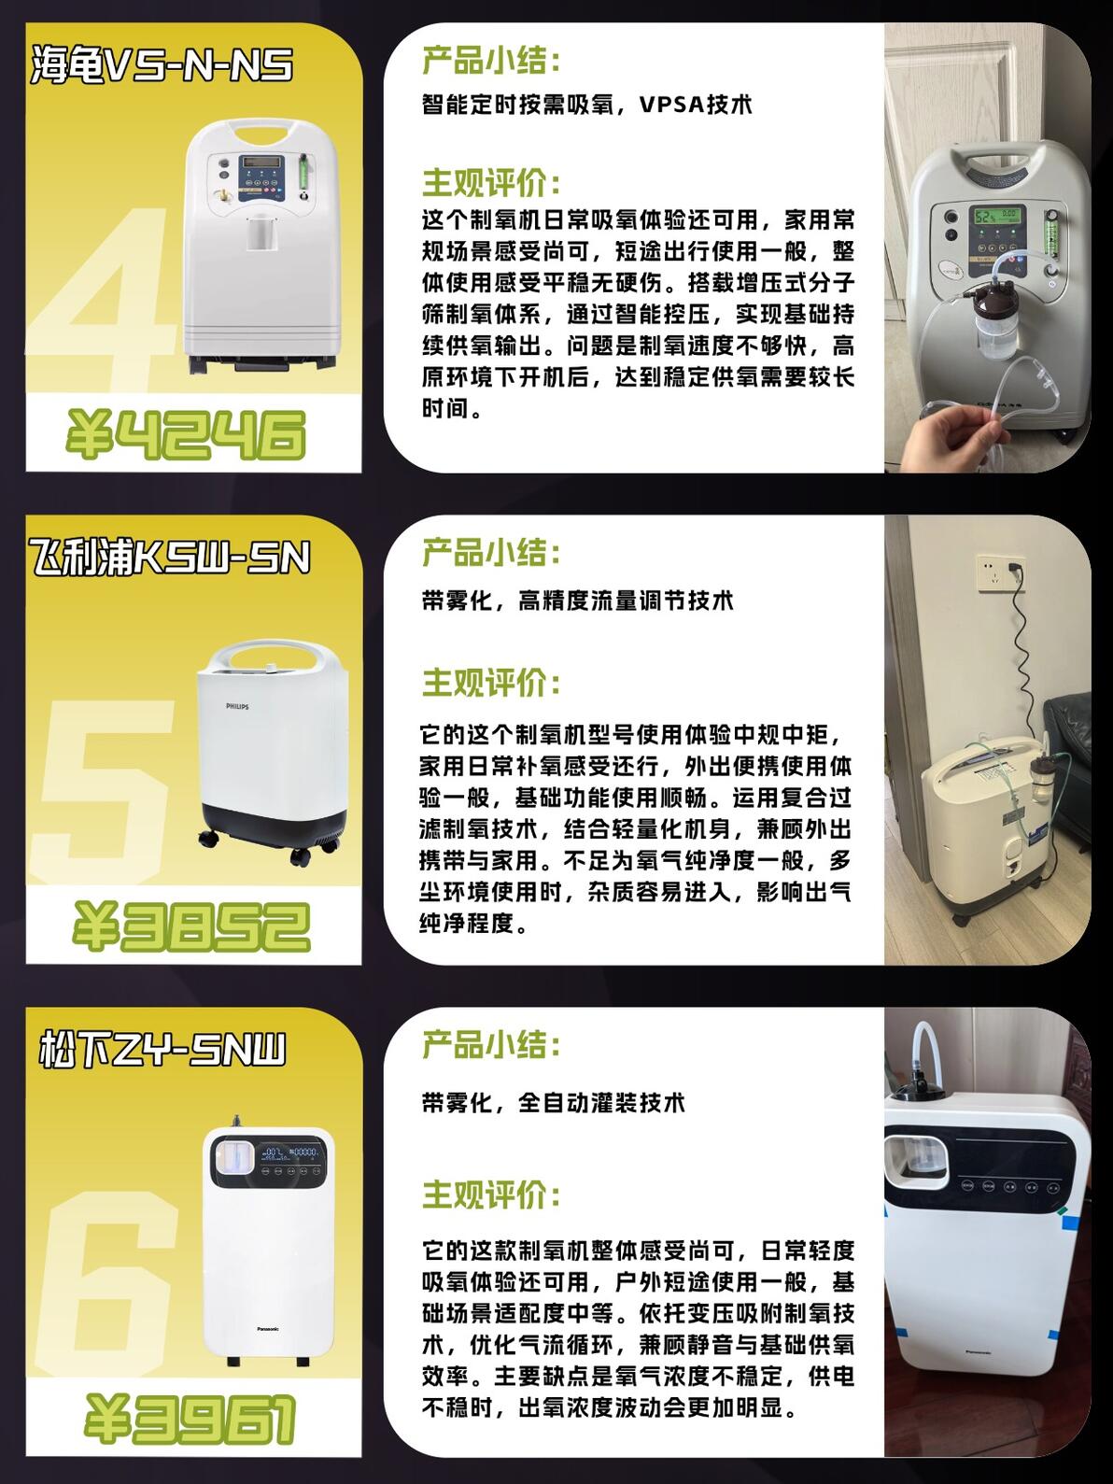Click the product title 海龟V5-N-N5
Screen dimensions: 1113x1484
(162, 64)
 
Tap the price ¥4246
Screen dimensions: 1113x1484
(186, 434)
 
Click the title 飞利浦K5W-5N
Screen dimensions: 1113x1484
(169, 558)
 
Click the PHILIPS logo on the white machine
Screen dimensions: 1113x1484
(237, 706)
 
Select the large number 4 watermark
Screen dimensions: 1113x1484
(108, 298)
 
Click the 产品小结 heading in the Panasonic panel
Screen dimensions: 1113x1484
(491, 1044)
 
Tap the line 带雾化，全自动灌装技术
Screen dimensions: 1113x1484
(554, 1103)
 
